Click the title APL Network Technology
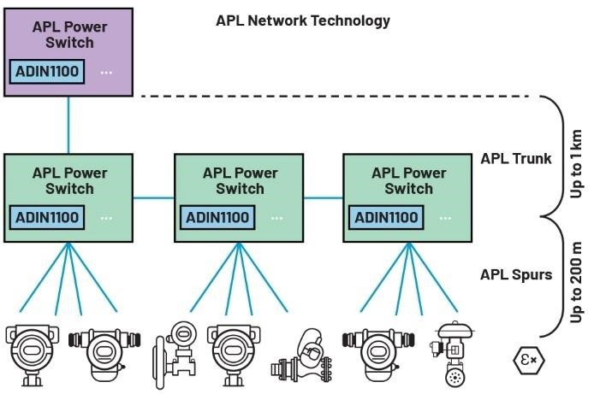coord(303,21)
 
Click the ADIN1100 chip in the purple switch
coord(48,71)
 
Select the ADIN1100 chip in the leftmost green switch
coord(48,217)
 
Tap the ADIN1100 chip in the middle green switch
coord(217,217)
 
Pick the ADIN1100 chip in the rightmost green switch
coord(387,217)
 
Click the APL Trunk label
coord(516,158)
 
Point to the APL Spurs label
coord(516,274)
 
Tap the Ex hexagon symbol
coord(528,359)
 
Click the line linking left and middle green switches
coord(154,197)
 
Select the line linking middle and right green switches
coord(324,197)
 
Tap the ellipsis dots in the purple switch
coord(107,72)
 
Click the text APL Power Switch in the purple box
coord(69,34)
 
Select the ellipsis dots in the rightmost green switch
coord(446,218)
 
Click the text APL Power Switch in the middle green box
coord(240,180)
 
